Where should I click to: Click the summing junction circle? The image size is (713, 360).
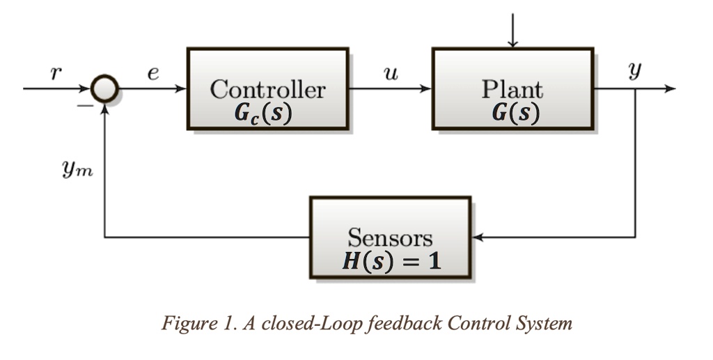[104, 90]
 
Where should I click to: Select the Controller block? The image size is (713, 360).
[267, 88]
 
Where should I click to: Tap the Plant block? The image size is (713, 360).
[512, 88]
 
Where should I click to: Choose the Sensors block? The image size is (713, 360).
[390, 237]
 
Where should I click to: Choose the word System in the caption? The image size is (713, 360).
[547, 324]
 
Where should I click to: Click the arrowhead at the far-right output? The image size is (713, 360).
[670, 90]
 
